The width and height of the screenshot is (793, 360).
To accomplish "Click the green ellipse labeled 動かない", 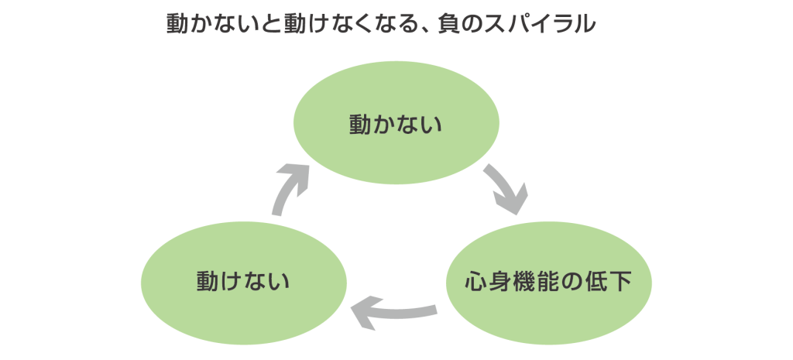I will click(395, 124).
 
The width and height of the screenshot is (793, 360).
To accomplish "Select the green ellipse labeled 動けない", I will click(242, 279).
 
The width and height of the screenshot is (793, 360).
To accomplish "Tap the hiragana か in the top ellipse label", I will click(384, 124).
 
